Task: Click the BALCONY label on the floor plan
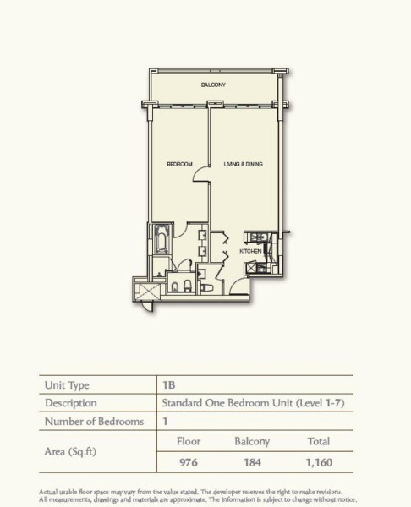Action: click(213, 84)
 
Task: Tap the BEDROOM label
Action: click(179, 164)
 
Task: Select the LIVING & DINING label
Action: click(243, 164)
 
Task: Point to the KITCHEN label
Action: click(250, 251)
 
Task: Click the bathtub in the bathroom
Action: click(162, 239)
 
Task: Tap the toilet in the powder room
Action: click(206, 287)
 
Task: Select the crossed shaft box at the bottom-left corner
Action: click(148, 292)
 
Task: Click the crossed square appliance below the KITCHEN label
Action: click(251, 268)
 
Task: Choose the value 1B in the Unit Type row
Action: click(169, 385)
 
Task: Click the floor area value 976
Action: click(189, 462)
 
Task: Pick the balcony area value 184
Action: click(252, 462)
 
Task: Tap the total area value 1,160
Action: click(319, 462)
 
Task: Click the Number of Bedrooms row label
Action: click(94, 422)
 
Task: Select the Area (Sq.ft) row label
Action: click(70, 452)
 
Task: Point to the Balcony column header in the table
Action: click(252, 442)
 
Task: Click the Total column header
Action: click(319, 441)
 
